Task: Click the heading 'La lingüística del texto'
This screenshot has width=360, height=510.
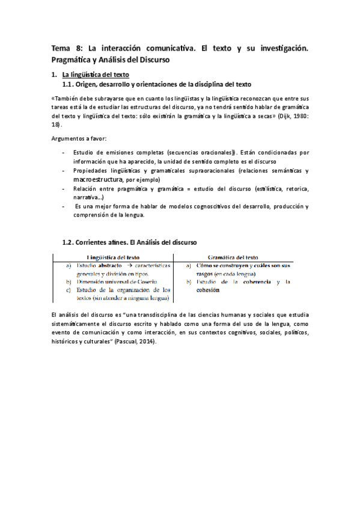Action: (100, 75)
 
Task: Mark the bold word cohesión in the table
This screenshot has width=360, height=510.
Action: (207, 289)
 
